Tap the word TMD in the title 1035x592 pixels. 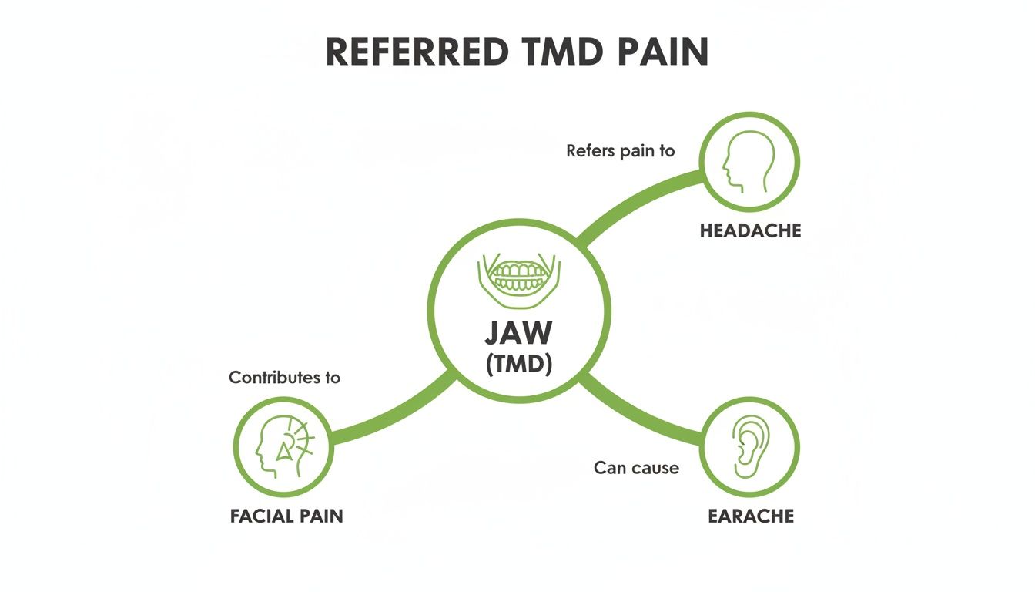[558, 52]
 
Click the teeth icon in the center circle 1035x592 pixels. [518, 275]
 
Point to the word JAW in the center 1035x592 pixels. [518, 332]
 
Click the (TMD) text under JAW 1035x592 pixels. [518, 365]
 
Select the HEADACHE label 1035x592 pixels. [750, 230]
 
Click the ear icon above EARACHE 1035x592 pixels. [749, 446]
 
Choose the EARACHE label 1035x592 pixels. [750, 516]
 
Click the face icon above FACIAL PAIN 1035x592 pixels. [283, 446]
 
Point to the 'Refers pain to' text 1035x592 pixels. [620, 151]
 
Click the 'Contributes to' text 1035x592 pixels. [284, 378]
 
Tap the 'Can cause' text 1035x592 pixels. [636, 467]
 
